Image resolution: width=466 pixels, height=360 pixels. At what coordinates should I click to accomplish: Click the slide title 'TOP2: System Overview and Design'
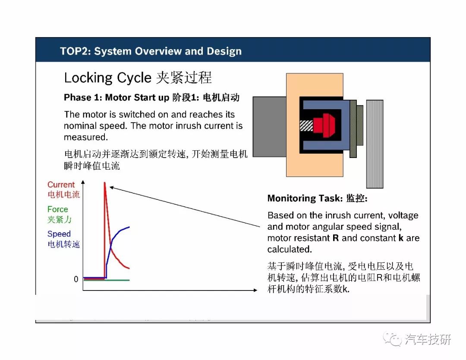[x=151, y=51]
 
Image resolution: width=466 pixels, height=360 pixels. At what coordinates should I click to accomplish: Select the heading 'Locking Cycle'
[x=107, y=78]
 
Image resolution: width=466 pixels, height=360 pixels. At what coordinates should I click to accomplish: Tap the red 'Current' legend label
[x=61, y=185]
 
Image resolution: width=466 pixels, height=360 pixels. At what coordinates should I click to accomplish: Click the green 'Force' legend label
[x=58, y=209]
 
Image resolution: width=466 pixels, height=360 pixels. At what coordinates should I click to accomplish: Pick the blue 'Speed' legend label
[x=59, y=234]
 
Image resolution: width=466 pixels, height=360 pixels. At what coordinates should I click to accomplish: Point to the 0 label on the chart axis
[x=76, y=279]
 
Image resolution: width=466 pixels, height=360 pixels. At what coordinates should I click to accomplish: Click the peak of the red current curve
[x=104, y=183]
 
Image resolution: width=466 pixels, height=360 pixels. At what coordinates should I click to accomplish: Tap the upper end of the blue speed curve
[x=129, y=227]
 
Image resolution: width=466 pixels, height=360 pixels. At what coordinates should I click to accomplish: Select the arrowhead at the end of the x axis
[x=255, y=290]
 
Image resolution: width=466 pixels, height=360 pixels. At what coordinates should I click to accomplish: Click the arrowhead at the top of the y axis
[x=83, y=182]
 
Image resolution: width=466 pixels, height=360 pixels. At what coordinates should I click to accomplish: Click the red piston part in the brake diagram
[x=324, y=125]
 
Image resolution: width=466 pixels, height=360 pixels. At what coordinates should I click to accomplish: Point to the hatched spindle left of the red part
[x=306, y=126]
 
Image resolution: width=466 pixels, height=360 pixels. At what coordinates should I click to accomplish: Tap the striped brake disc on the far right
[x=375, y=144]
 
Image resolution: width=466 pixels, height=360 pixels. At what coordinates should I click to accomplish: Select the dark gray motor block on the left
[x=270, y=126]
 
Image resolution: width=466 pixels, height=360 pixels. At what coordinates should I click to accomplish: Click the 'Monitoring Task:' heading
[x=305, y=198]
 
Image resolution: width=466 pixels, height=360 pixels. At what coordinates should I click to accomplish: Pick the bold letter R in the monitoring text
[x=336, y=238]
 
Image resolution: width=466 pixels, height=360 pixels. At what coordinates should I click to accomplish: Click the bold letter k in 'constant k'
[x=401, y=238]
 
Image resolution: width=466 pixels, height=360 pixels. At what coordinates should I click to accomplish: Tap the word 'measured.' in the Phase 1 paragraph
[x=86, y=137]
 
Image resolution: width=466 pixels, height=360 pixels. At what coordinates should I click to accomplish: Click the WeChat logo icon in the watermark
[x=392, y=339]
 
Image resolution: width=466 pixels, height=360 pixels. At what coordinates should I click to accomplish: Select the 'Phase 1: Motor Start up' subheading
[x=116, y=98]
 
